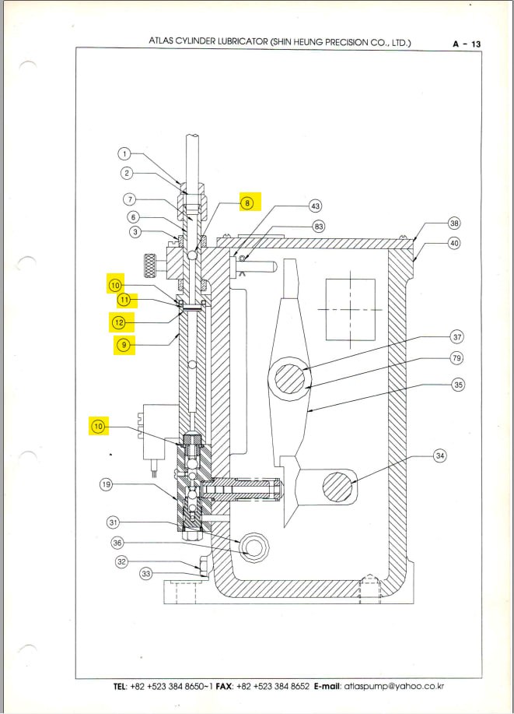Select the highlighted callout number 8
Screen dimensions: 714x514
pos(248,202)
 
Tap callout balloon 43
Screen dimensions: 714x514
pos(315,206)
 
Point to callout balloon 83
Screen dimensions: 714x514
pos(318,226)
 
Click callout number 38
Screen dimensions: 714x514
pos(454,223)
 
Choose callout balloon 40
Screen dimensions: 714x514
pos(454,243)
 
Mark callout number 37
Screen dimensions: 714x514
pos(456,337)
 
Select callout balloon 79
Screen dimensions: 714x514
pos(456,358)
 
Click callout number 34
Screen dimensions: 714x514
pos(440,455)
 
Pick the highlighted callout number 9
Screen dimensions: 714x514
pos(123,344)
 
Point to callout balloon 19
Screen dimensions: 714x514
pos(107,485)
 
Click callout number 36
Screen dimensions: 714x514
pos(117,543)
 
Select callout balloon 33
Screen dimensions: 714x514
pos(145,574)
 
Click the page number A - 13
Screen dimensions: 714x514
pos(467,44)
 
